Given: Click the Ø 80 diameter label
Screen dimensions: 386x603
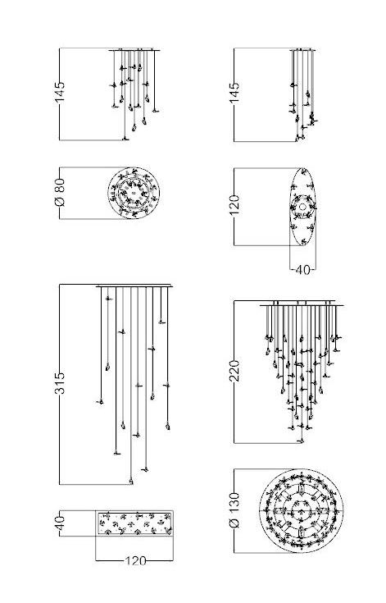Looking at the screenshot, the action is point(60,192).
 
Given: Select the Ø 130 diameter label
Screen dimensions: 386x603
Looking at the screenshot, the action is point(234,510).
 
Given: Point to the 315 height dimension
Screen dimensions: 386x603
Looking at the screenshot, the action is point(60,383).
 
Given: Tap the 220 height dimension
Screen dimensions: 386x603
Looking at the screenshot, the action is point(234,371).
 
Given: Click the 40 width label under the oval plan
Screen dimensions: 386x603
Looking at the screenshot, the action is point(302,270).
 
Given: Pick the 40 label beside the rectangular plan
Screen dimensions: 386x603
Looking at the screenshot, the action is point(60,523).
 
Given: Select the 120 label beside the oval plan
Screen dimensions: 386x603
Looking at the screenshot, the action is point(234,205).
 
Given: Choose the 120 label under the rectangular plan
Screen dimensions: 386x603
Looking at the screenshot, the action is point(135,561).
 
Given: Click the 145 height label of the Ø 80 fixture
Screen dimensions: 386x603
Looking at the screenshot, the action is point(60,92).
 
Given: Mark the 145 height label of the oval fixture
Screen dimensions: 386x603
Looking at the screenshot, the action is point(234,92).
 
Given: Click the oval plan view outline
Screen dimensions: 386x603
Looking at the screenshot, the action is point(290,207).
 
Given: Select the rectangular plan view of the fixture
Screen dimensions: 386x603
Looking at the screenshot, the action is point(134,523).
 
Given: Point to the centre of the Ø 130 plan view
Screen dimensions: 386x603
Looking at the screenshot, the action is point(302,511).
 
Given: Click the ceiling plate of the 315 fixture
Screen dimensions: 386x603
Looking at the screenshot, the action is point(134,286).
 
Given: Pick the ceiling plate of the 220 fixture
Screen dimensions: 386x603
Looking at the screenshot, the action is point(302,305).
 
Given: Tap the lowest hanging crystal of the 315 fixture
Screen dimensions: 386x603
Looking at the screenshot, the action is point(131,481).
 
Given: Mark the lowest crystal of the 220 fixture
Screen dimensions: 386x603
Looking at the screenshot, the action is point(302,441).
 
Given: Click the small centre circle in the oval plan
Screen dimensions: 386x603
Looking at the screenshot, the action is point(302,207).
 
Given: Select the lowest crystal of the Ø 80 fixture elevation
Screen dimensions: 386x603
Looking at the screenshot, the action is point(125,139).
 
